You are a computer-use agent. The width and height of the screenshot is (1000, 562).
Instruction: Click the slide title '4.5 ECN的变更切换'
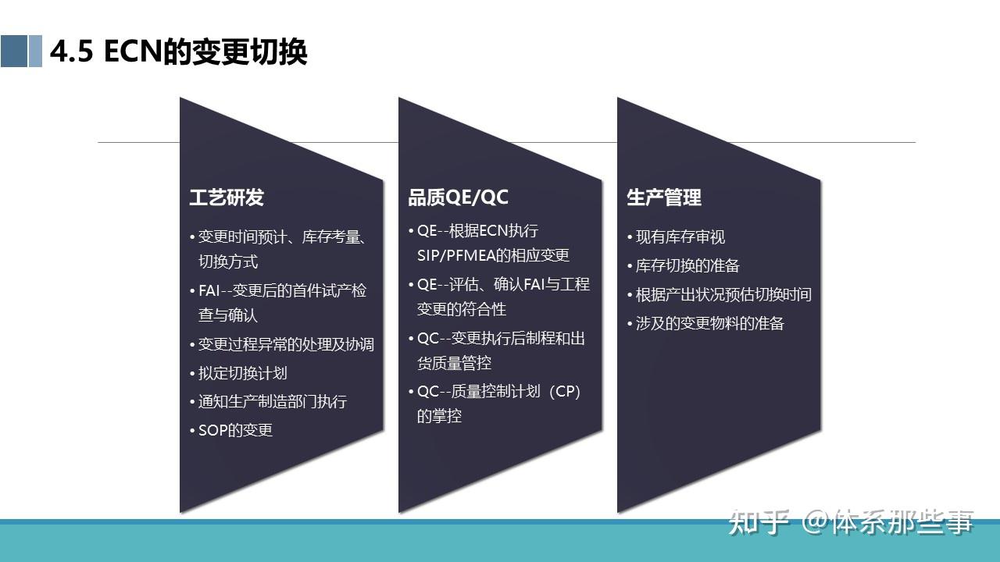[x=178, y=52]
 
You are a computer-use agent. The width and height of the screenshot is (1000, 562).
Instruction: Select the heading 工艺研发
[x=227, y=197]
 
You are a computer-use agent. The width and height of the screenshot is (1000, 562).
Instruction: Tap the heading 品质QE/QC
[x=458, y=197]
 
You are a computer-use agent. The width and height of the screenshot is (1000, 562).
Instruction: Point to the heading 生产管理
[x=664, y=197]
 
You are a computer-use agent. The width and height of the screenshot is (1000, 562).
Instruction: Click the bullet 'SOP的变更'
[x=234, y=430]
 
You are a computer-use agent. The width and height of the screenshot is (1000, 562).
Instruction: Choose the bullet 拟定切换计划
[x=242, y=373]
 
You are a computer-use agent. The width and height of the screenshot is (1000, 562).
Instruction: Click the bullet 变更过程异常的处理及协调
[x=285, y=344]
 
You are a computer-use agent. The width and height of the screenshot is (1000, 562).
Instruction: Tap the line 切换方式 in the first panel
[x=228, y=261]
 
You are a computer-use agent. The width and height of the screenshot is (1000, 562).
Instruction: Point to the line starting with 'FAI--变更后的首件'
[x=281, y=290]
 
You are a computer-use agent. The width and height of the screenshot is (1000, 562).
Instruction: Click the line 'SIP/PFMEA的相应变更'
[x=493, y=255]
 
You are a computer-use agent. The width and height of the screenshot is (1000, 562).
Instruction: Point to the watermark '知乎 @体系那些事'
[x=852, y=521]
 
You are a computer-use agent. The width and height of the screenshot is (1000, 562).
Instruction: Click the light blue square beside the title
[x=35, y=52]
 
